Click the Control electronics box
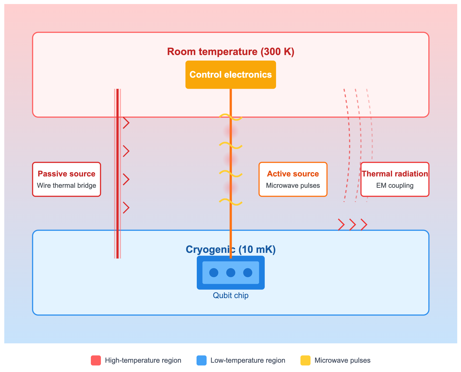[231, 75]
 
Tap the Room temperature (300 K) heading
[231, 52]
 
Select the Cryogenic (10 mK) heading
[231, 250]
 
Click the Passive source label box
[66, 179]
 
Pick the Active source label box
[293, 179]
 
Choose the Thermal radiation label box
[395, 179]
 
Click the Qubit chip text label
[231, 295]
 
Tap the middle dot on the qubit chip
[231, 273]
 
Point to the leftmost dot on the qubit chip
[214, 273]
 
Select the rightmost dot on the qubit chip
[248, 273]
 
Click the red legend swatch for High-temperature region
[96, 360]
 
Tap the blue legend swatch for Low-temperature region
[201, 360]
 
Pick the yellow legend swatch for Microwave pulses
[305, 360]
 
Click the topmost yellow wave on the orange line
[231, 117]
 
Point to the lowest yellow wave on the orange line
[231, 202]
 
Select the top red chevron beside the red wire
[126, 123]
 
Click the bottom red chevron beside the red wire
[126, 208]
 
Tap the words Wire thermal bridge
[66, 186]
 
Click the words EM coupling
[395, 186]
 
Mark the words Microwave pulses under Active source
[293, 186]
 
